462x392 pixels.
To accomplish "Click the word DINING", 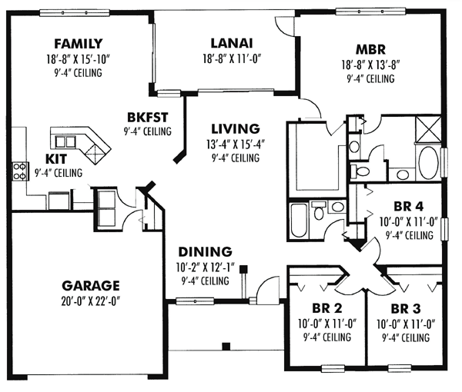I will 204,251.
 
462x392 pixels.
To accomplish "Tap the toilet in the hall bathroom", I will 316,210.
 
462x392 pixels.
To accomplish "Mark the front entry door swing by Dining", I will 266,290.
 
